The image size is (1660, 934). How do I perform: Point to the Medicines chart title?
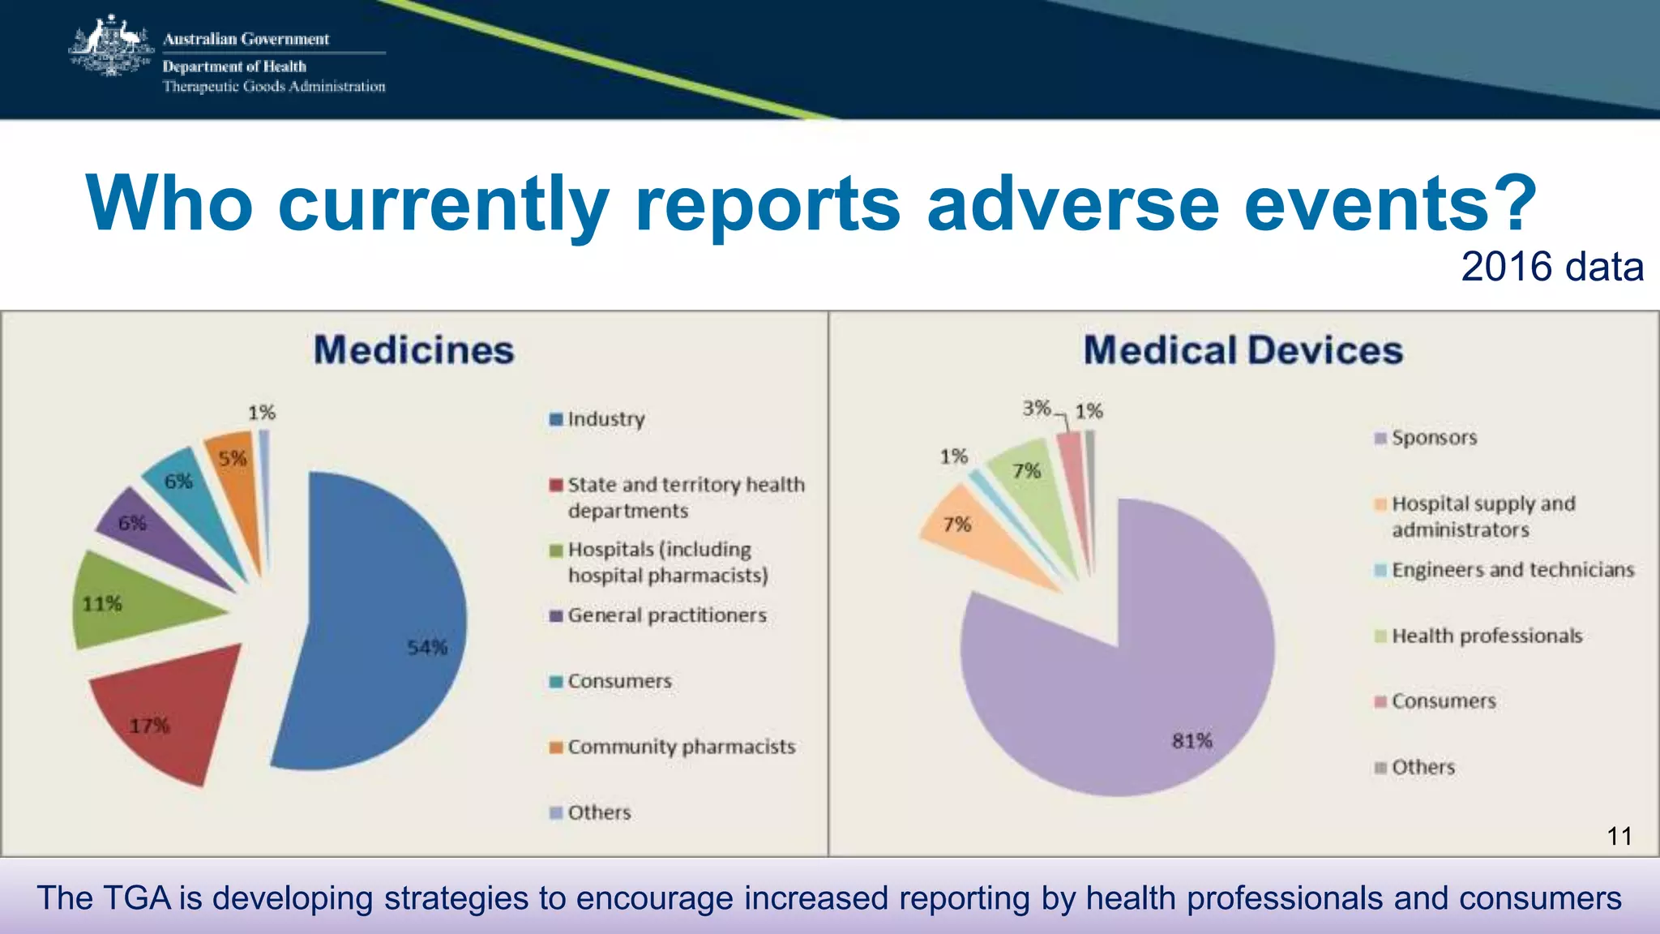click(413, 350)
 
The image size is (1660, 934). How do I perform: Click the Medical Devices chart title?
click(1243, 350)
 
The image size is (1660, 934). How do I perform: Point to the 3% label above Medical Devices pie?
click(1036, 408)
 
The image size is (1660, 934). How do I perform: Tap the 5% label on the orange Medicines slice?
click(232, 458)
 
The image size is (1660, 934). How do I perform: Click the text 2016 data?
click(1551, 267)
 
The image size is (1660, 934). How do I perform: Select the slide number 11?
click(1619, 836)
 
